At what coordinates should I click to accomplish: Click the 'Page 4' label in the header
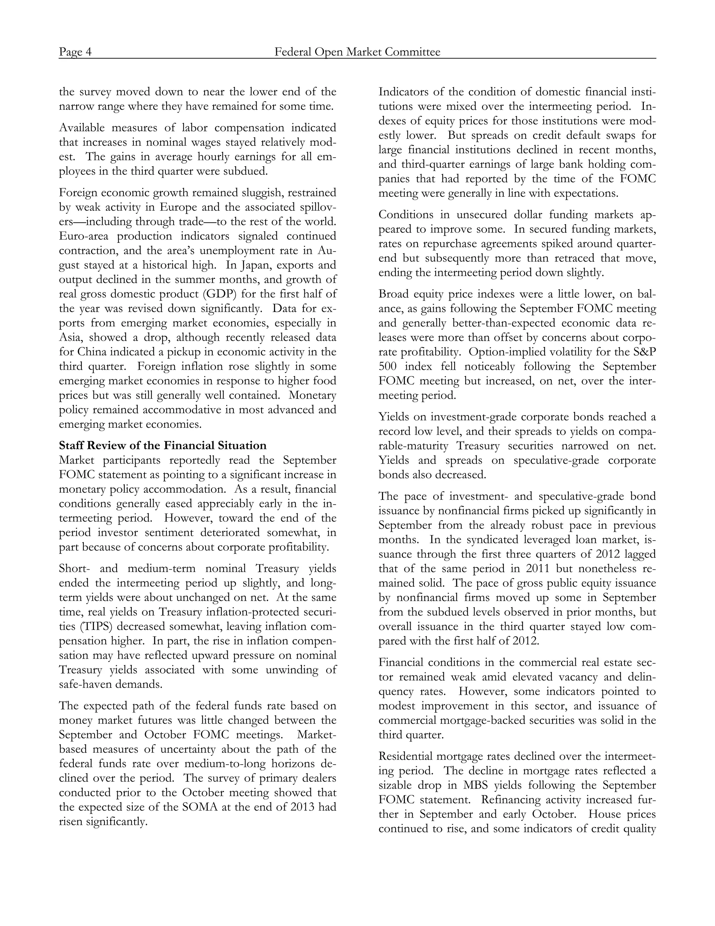click(75, 52)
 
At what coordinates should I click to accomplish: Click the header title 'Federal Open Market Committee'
click(357, 52)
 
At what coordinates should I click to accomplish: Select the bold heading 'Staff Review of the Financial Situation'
click(163, 445)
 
